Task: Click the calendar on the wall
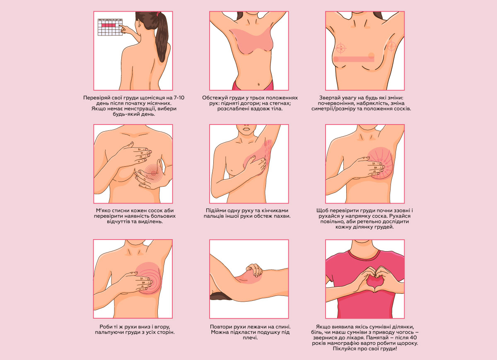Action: click(x=110, y=27)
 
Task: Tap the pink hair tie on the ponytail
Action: click(x=158, y=14)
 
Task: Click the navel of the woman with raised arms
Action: click(x=258, y=84)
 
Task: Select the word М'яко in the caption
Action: click(x=104, y=211)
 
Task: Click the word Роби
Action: click(x=105, y=327)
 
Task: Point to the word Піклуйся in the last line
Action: click(x=344, y=349)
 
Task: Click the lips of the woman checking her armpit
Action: click(x=246, y=130)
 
